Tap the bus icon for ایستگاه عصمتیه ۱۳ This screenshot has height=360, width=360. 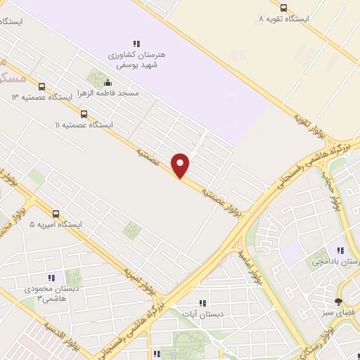point(41,87)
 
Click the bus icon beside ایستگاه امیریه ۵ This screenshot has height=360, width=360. point(56,214)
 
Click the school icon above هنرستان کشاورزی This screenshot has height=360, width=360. point(136,44)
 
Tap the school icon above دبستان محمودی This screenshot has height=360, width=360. point(51,278)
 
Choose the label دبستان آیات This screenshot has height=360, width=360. point(203,314)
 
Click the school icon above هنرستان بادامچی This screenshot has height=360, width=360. point(340,251)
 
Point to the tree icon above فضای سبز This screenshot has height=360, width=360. point(339,302)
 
